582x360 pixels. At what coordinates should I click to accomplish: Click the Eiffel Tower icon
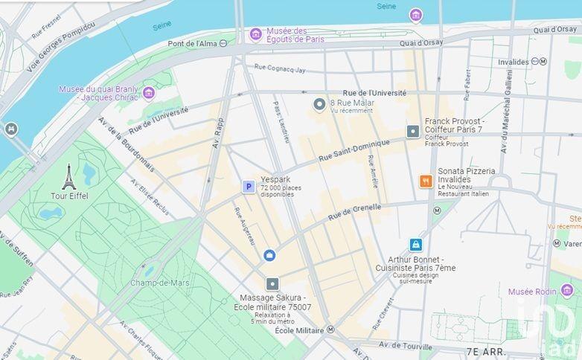click(68, 177)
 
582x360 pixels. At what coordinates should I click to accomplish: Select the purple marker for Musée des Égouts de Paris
click(255, 34)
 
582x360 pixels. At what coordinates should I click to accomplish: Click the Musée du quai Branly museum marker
click(149, 93)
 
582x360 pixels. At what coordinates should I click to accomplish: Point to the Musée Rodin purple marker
click(567, 290)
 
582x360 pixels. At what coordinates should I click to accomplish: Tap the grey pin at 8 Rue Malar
click(319, 105)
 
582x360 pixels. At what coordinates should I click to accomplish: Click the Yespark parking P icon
click(249, 187)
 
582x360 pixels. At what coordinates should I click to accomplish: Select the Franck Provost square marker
click(413, 132)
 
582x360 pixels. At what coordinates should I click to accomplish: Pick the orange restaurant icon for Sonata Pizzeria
click(426, 181)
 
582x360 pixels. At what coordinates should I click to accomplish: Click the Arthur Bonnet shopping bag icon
click(415, 245)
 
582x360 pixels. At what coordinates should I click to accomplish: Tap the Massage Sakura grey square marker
click(272, 283)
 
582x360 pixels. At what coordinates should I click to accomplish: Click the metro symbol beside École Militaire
click(330, 330)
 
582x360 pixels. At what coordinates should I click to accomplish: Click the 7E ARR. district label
click(485, 350)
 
